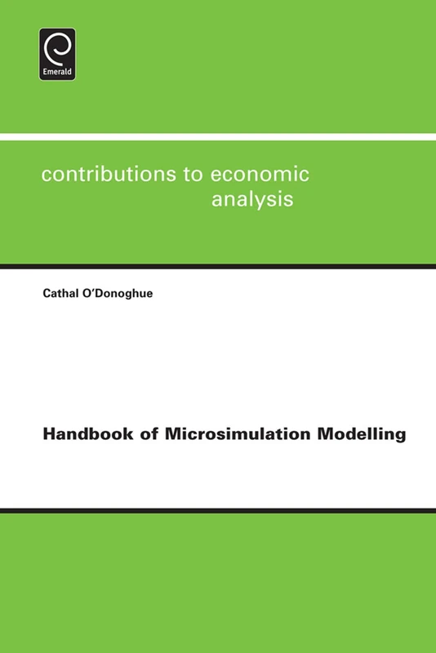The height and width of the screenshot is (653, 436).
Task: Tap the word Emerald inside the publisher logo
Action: pyautogui.click(x=57, y=73)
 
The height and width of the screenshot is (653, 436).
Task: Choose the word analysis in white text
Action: pyautogui.click(x=252, y=200)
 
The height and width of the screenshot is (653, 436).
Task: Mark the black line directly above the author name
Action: pyautogui.click(x=218, y=266)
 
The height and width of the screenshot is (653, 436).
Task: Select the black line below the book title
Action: pyautogui.click(x=218, y=510)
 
